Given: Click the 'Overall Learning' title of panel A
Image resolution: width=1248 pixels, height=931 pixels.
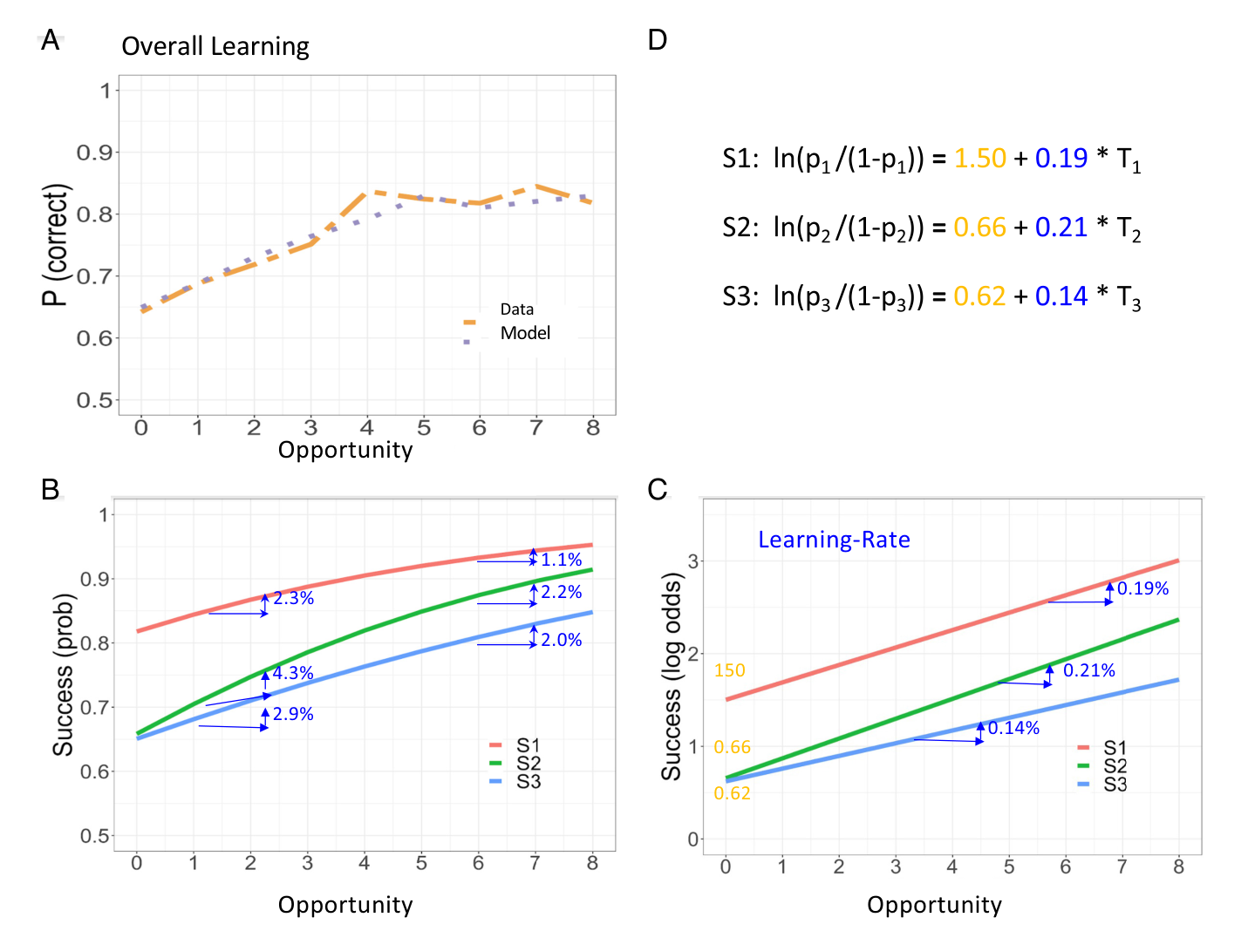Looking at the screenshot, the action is point(215,46).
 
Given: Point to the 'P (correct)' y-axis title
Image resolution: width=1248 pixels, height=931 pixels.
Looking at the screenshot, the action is point(55,245).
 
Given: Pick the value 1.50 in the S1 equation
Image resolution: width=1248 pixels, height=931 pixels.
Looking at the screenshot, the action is point(979,158).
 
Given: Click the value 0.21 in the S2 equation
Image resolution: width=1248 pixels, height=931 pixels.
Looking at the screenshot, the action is point(1061,228).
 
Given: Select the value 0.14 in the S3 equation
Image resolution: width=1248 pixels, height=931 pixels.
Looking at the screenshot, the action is point(1061,296).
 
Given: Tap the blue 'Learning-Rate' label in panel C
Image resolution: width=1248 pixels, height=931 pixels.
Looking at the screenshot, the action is point(834,540).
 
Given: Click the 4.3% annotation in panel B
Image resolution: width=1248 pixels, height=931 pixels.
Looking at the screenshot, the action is point(293,673).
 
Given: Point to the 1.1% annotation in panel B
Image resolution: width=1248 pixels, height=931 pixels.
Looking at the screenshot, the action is point(561,560).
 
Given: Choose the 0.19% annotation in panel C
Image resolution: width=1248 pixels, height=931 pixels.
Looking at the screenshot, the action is point(1142,588).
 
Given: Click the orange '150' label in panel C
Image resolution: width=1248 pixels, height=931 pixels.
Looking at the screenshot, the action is point(729,670).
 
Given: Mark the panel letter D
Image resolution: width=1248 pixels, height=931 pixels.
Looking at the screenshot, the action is point(658,40).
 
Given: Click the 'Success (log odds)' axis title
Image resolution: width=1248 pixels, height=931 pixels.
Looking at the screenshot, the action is point(672,676).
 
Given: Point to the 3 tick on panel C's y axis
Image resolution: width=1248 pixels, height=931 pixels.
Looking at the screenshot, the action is point(693,561).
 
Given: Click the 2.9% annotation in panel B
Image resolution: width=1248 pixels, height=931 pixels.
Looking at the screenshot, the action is point(293,714).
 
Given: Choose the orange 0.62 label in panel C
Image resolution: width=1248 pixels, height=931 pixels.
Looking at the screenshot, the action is point(733,793).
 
